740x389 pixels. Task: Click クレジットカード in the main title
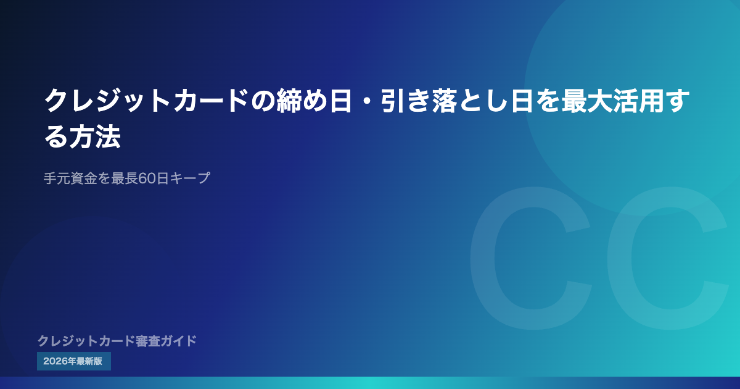tap(147, 101)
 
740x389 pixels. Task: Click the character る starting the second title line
tap(56, 136)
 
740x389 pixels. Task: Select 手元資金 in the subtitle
tap(70, 178)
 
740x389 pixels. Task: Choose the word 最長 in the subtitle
tap(124, 178)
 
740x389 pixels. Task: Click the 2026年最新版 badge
tap(74, 361)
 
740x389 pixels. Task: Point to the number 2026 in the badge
tap(55, 361)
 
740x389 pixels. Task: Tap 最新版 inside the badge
tap(89, 361)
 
